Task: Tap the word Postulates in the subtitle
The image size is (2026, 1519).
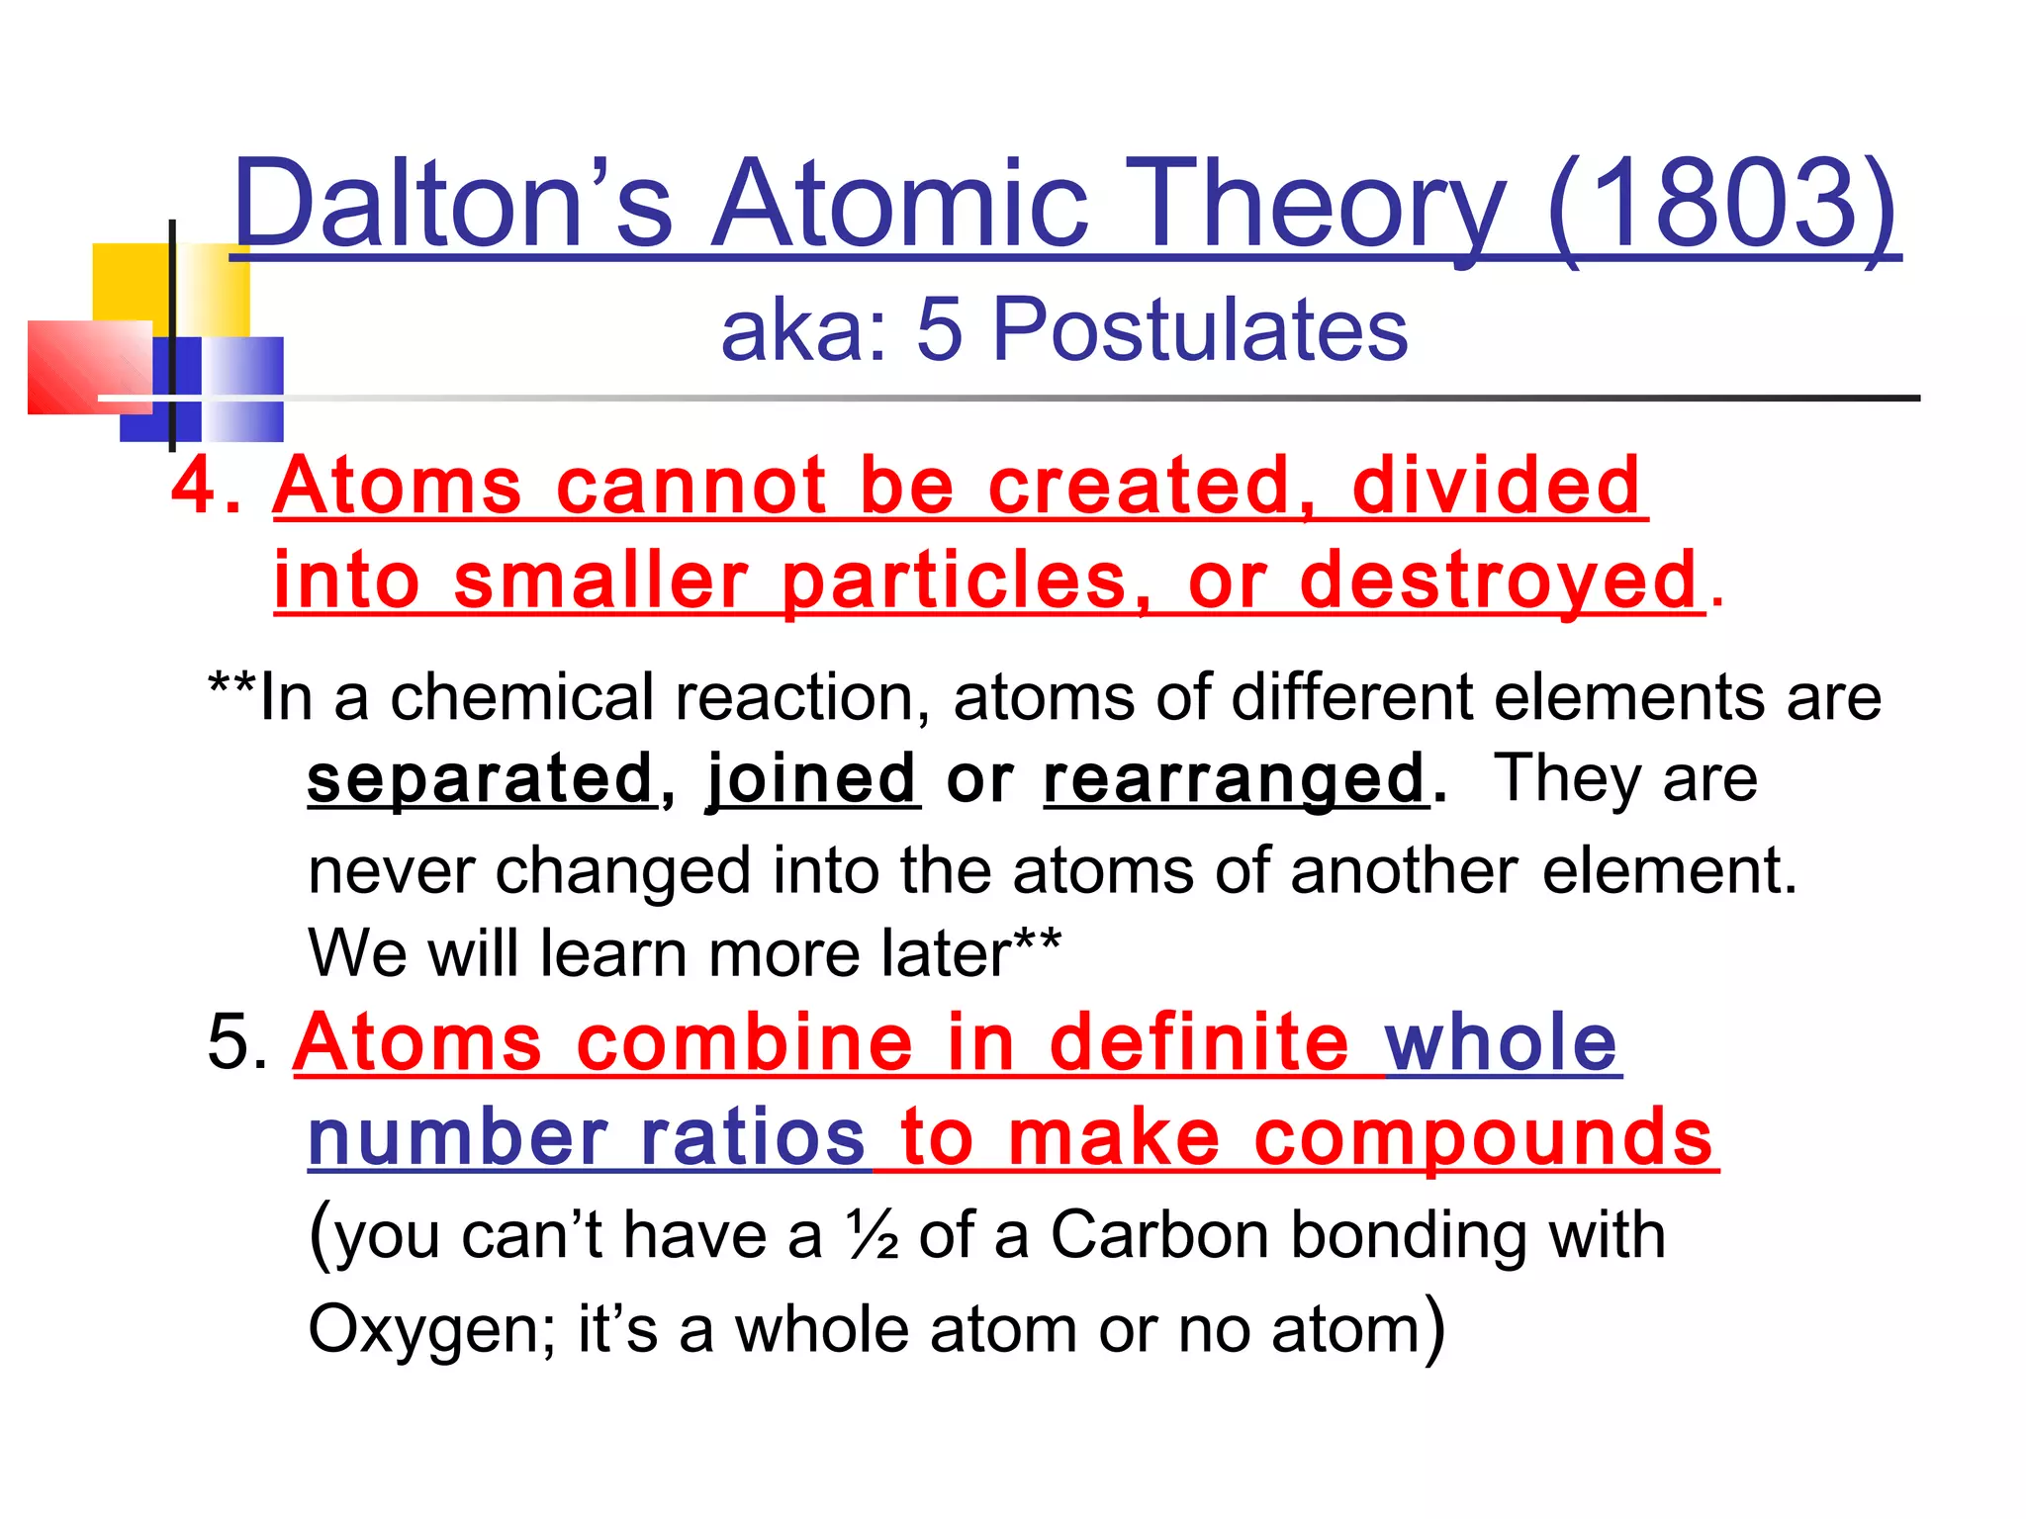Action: point(1199,329)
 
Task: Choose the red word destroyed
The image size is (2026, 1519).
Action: point(1499,581)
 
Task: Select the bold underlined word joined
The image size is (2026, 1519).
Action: point(812,778)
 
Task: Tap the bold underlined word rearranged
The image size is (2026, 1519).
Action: point(1235,778)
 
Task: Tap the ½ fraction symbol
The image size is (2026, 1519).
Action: point(872,1236)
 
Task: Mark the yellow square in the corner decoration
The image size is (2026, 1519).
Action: point(129,281)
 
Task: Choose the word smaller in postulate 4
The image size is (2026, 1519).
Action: point(600,581)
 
